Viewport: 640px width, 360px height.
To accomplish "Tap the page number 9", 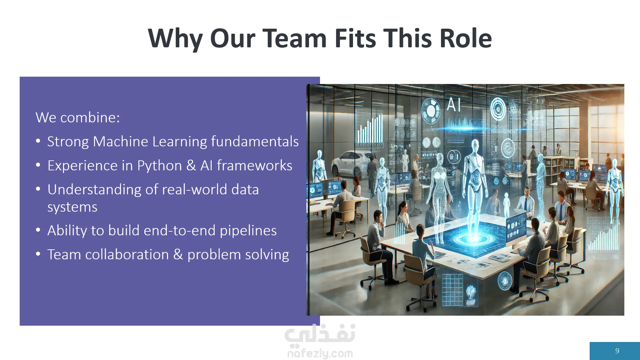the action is point(617,351).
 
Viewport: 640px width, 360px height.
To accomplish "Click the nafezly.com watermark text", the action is point(320,353).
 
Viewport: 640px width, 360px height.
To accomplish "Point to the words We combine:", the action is point(78,117).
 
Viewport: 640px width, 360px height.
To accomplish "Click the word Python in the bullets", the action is point(160,166).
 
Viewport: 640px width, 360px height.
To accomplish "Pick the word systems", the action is point(72,207).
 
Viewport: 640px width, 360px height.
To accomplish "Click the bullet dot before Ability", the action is point(38,230).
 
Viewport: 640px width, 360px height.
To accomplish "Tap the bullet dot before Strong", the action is point(38,141).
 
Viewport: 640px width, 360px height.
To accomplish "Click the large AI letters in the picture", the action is point(453,105).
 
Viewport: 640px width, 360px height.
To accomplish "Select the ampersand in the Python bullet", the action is point(191,166).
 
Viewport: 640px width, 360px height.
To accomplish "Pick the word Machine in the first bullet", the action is point(120,141).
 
